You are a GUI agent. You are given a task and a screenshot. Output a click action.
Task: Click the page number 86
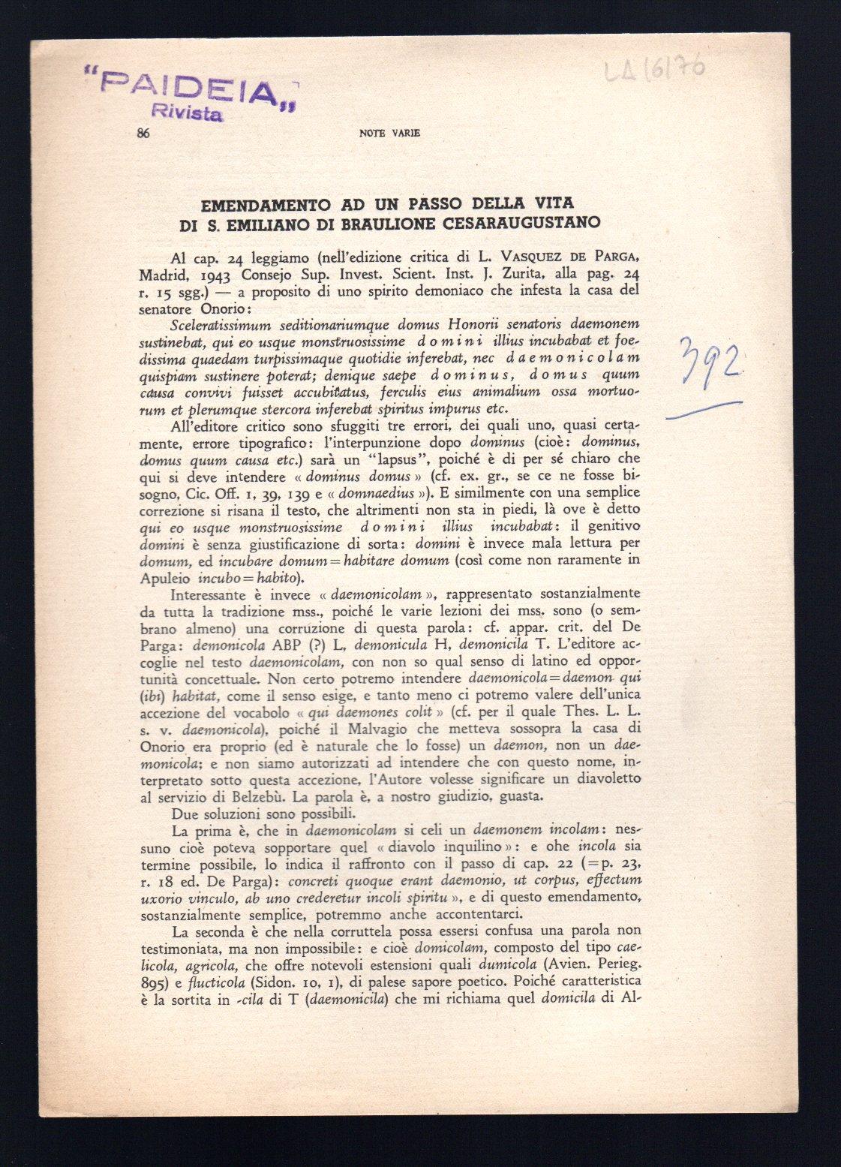(x=143, y=133)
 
